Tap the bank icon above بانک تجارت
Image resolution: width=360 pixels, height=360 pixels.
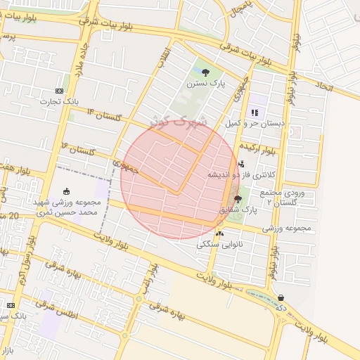coord(59,91)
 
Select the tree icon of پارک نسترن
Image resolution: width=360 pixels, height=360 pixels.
coord(205,72)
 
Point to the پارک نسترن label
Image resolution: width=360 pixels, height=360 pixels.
coord(205,83)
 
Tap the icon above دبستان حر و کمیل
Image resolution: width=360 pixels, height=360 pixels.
coord(255,112)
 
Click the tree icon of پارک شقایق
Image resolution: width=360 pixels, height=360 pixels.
coord(238,199)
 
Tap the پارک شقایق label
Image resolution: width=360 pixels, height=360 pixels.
coord(234,210)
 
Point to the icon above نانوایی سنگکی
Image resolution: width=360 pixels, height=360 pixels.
coord(220,233)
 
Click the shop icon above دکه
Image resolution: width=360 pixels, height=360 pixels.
coord(281,297)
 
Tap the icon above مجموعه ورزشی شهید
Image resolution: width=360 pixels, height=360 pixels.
coord(66,191)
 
